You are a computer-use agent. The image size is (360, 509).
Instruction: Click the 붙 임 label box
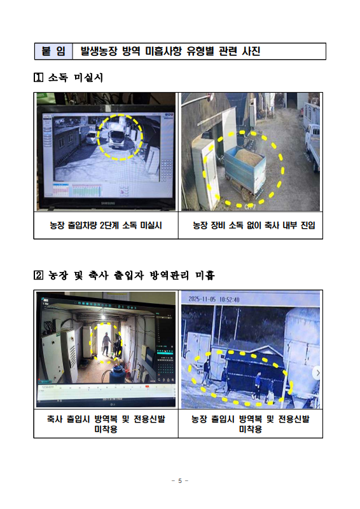[x=53, y=51]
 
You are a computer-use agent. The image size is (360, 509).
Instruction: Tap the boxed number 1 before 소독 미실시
[x=38, y=78]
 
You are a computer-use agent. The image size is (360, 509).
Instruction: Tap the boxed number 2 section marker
[x=38, y=275]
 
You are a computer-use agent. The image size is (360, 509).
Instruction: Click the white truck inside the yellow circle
[x=120, y=136]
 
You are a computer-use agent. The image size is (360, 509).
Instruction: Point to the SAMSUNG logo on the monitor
[x=107, y=203]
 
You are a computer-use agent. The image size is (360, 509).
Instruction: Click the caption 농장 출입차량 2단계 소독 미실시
[x=106, y=226]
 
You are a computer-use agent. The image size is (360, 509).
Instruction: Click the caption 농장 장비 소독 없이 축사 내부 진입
[x=254, y=226]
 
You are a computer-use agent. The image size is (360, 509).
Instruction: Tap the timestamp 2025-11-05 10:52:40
[x=214, y=299]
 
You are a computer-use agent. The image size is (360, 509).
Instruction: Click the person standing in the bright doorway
[x=106, y=344]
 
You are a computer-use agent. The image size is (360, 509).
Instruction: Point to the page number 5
[x=180, y=481]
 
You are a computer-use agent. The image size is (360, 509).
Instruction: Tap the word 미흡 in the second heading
[x=205, y=275]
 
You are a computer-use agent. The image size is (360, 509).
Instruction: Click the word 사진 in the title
[x=251, y=51]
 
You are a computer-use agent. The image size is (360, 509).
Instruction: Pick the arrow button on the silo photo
[x=317, y=373]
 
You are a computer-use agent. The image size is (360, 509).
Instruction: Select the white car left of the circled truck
[x=92, y=138]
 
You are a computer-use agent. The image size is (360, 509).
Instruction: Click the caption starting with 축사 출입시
[x=106, y=424]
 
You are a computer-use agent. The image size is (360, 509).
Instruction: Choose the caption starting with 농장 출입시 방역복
[x=251, y=424]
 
